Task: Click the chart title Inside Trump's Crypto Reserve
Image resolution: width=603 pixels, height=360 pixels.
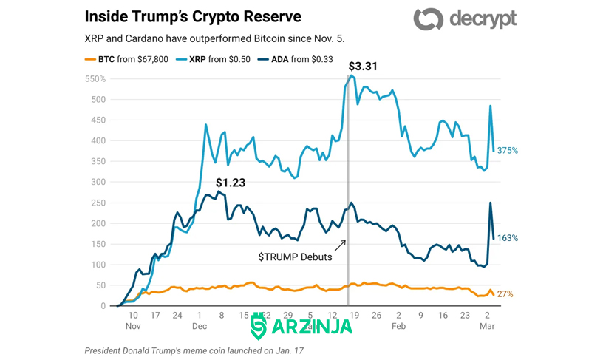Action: tap(193, 16)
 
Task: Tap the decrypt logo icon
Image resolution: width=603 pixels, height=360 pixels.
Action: tap(429, 18)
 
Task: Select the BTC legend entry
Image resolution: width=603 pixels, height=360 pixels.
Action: tap(126, 59)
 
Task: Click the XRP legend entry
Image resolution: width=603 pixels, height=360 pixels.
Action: tap(213, 59)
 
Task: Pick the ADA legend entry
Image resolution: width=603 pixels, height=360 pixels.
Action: tap(296, 59)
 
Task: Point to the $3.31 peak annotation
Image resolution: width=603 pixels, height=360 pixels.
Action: tap(363, 67)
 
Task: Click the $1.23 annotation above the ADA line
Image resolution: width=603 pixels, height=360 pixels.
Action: tap(231, 183)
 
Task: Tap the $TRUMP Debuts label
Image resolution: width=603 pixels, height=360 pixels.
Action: tap(295, 257)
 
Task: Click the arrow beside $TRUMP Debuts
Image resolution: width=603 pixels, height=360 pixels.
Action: tap(340, 245)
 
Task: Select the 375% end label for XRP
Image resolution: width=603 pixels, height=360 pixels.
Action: tap(508, 150)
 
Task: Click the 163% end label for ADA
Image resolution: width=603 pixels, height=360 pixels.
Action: tap(508, 238)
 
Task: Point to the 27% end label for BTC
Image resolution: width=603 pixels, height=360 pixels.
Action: tap(505, 294)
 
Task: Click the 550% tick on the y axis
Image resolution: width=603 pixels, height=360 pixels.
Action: tap(95, 79)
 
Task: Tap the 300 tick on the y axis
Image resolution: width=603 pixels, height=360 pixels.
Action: tap(98, 182)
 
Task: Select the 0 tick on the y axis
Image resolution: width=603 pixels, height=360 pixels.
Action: tap(103, 306)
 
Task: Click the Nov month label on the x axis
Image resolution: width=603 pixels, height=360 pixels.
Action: tap(133, 326)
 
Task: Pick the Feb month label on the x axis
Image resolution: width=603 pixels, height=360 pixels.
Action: tap(398, 326)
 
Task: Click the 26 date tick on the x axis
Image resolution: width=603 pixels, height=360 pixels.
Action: tap(376, 316)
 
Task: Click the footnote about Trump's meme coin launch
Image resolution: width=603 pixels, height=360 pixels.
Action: tap(194, 351)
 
